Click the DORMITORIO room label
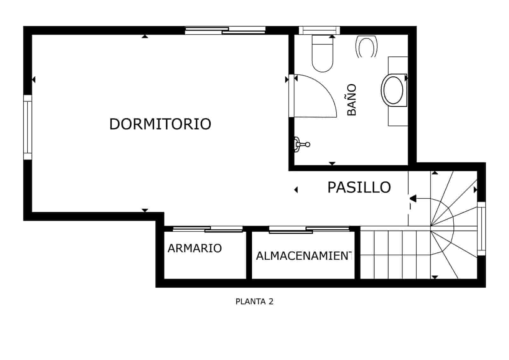(160, 124)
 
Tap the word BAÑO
(352, 100)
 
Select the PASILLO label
(359, 187)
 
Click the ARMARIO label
(194, 248)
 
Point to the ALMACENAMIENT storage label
(304, 256)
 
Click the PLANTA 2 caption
(254, 301)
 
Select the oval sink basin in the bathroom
(394, 90)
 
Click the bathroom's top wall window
(319, 30)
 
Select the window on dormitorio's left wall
(28, 127)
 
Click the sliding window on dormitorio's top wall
(225, 30)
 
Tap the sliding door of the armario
(207, 229)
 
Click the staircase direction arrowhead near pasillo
(413, 199)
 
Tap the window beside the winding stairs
(481, 228)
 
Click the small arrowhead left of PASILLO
(296, 190)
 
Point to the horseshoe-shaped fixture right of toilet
(366, 47)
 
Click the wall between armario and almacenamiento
(249, 255)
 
